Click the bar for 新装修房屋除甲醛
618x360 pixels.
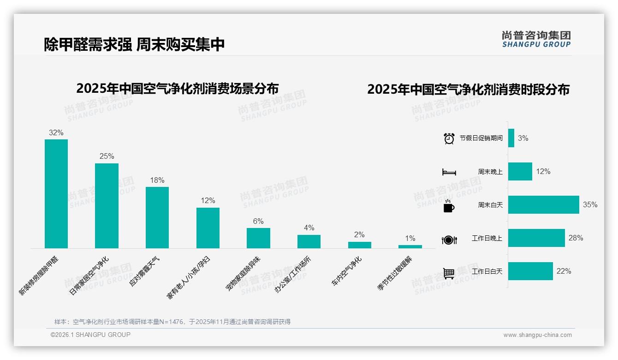pos(56,194)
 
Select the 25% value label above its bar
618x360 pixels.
pos(107,156)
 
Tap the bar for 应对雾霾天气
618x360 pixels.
pos(157,217)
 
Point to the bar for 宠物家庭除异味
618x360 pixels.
pos(258,238)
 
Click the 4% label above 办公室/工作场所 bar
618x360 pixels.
pos(309,228)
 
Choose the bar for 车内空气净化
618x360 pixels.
pos(359,245)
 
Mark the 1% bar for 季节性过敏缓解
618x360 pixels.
pos(410,246)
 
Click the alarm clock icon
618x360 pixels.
pos(449,138)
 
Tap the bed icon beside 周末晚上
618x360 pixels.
pos(449,172)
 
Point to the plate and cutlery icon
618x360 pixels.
pos(449,240)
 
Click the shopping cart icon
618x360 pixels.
pos(449,273)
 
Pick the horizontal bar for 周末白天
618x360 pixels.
pos(543,205)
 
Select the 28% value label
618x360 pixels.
pos(576,238)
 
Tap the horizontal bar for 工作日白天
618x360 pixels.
pos(530,271)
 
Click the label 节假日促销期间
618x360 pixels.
pos(481,138)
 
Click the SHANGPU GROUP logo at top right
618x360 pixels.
pos(536,39)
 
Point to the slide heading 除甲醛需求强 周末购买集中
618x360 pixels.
pos(134,44)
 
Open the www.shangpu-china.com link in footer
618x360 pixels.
pos(537,335)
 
